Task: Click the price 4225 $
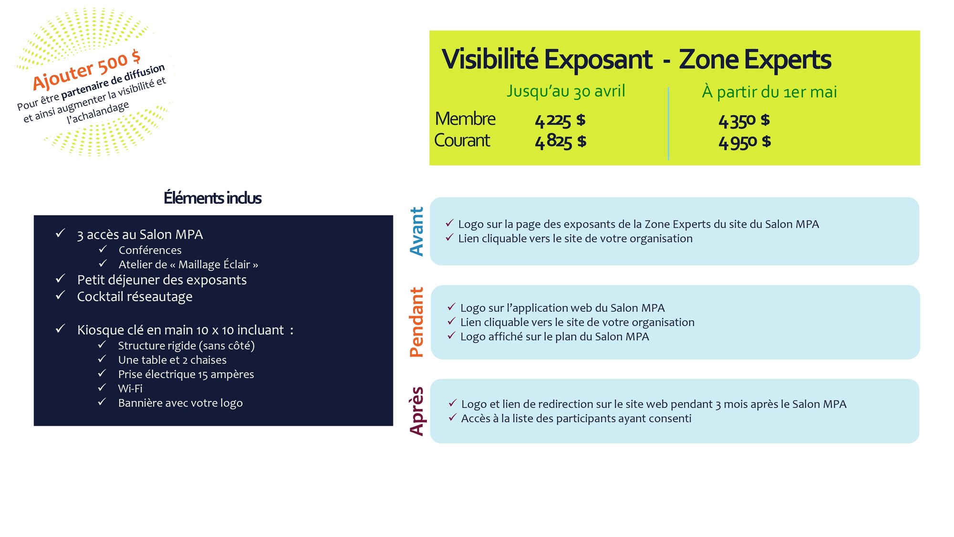(560, 121)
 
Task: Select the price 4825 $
(560, 142)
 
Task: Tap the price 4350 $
(744, 121)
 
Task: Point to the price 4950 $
(745, 142)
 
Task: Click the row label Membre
(465, 119)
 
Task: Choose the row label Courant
(462, 141)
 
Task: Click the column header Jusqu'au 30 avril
(566, 91)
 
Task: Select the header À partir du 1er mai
(769, 92)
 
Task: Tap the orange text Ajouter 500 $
(86, 70)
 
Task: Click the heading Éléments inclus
(212, 198)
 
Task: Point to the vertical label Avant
(417, 232)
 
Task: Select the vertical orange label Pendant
(417, 322)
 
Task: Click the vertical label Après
(417, 411)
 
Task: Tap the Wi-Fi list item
(130, 389)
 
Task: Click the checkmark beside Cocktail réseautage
(60, 295)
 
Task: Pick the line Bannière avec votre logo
(180, 403)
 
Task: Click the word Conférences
(150, 250)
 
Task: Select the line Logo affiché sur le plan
(555, 337)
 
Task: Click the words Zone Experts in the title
(755, 60)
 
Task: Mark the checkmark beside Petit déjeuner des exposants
(60, 278)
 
